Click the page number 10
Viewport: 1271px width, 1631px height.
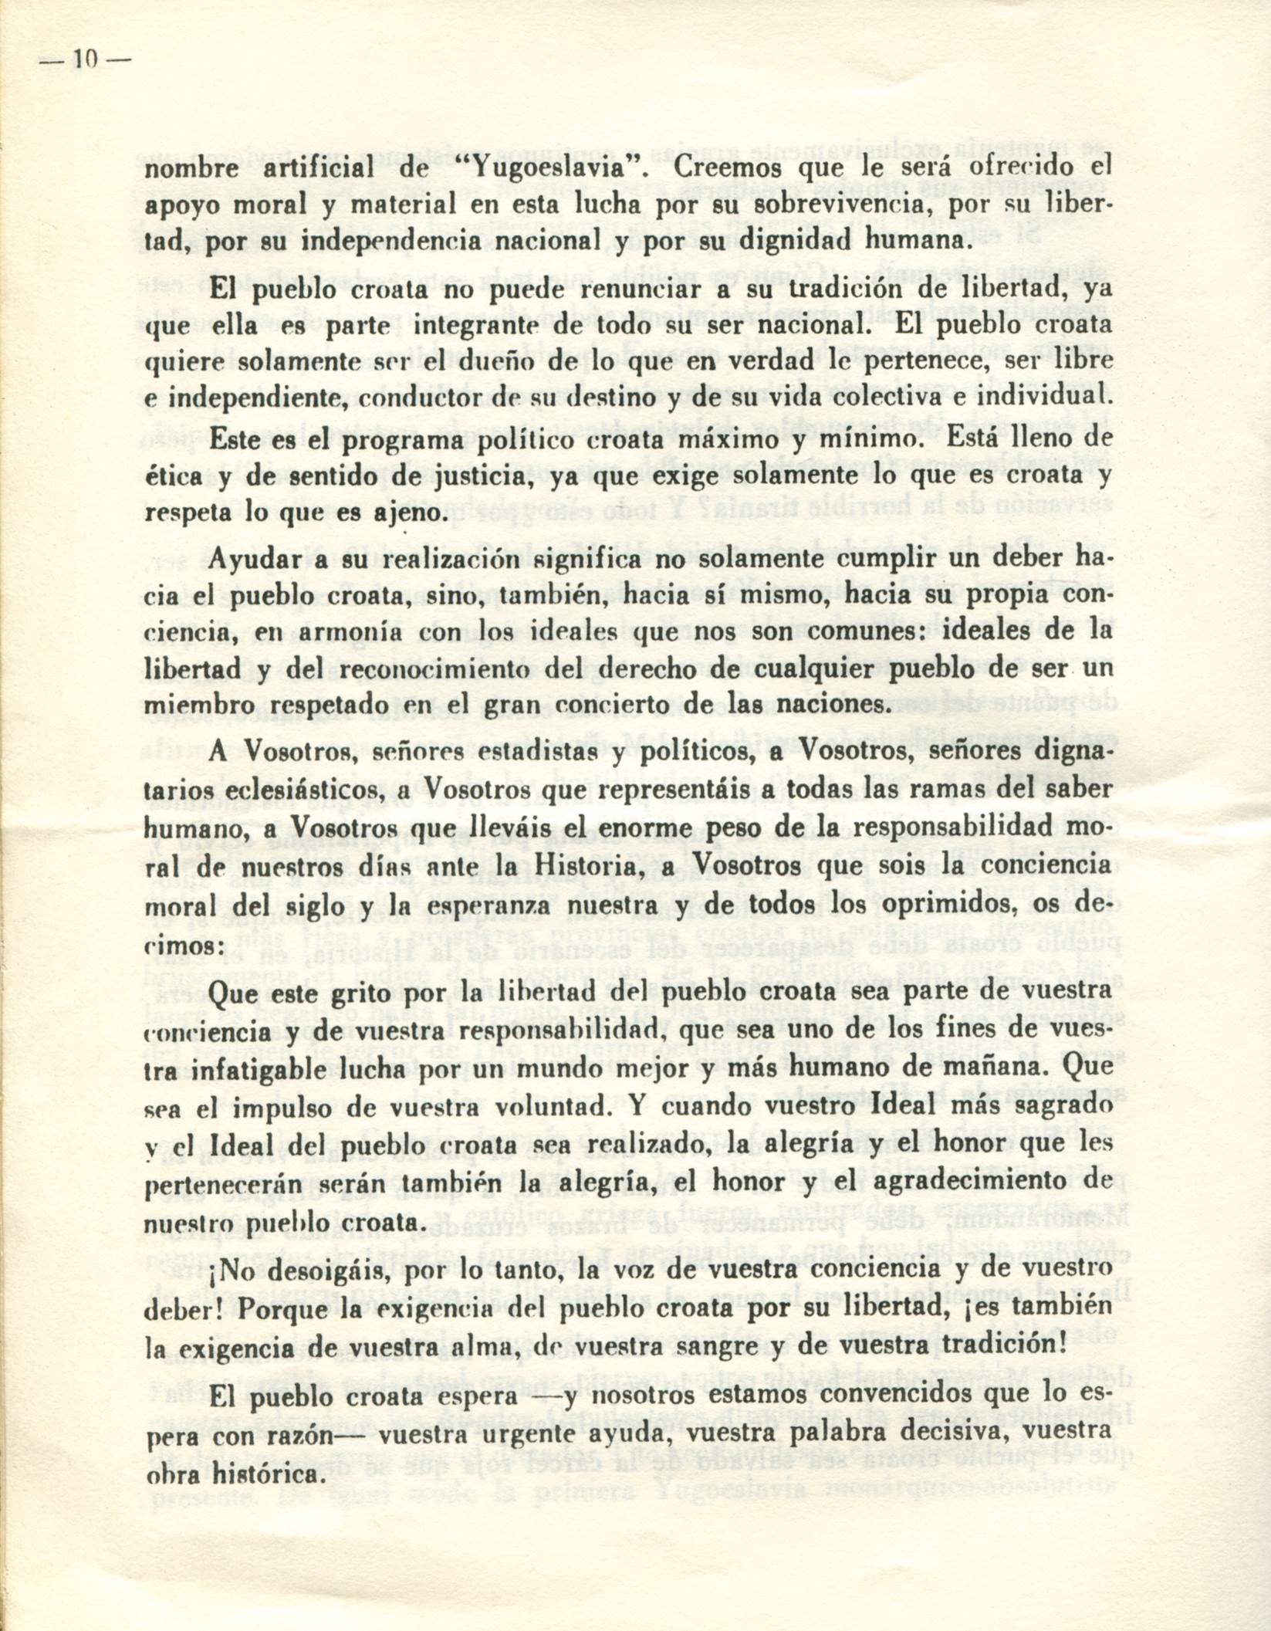tap(86, 59)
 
